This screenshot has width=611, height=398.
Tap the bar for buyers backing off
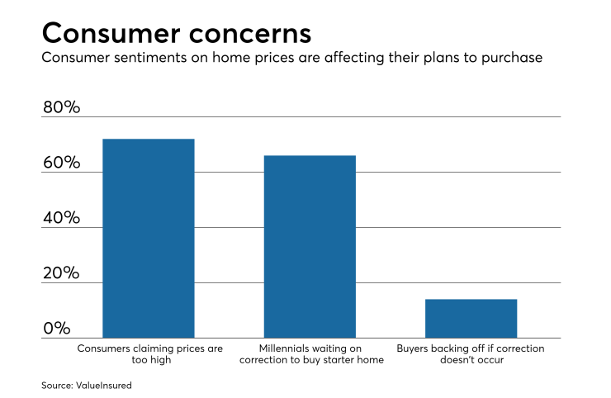471,318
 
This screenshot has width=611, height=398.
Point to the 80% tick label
62,107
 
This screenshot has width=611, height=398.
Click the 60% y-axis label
62,163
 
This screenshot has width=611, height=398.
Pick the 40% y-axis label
62,218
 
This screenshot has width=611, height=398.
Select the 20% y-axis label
62,273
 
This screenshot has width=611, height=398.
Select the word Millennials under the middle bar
286,348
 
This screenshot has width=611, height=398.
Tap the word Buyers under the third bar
414,348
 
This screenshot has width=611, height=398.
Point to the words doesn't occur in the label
471,361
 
